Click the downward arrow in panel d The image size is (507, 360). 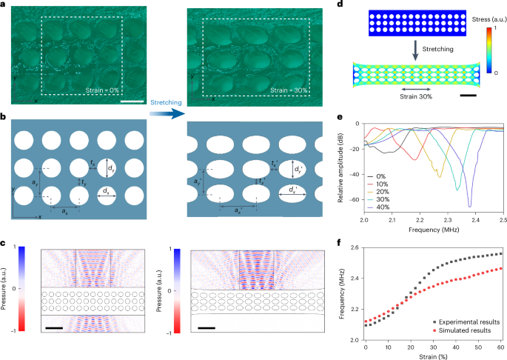pyautogui.click(x=411, y=47)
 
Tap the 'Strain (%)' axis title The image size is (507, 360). pyautogui.click(x=433, y=356)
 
